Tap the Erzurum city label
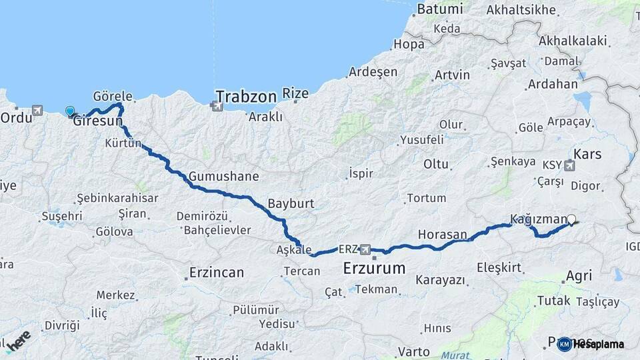(x=374, y=269)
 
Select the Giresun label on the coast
(x=97, y=121)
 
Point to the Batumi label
(x=439, y=9)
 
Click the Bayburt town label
(x=291, y=203)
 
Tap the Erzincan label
(x=217, y=273)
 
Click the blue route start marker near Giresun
(x=70, y=111)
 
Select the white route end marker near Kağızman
(x=571, y=218)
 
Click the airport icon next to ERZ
(x=365, y=250)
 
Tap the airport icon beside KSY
(x=569, y=165)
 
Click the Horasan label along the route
(x=442, y=235)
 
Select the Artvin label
(x=451, y=75)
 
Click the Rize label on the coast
(x=295, y=93)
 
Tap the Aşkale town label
(x=293, y=250)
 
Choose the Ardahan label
(x=552, y=85)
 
